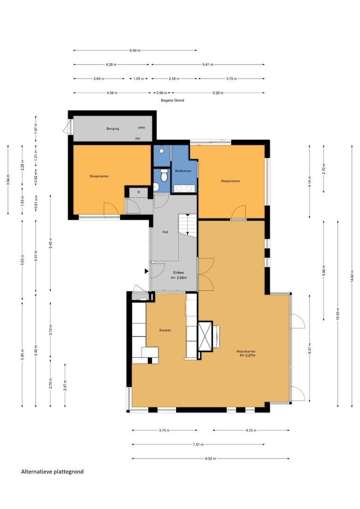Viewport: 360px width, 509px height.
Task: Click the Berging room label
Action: (x=113, y=129)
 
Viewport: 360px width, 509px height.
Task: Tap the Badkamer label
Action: (x=183, y=171)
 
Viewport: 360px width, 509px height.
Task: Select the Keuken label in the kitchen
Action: (x=165, y=330)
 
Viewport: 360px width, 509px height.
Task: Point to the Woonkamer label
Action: (x=246, y=351)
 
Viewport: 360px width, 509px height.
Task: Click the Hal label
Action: (x=165, y=232)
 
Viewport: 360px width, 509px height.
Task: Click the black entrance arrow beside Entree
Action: (x=147, y=271)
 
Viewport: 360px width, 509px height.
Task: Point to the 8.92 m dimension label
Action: (x=210, y=459)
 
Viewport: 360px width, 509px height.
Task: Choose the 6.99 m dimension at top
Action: (x=135, y=50)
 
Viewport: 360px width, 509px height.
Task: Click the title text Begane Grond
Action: (x=172, y=100)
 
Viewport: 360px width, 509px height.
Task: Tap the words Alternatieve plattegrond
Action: (x=52, y=472)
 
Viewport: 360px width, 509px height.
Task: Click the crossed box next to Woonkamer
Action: (x=205, y=336)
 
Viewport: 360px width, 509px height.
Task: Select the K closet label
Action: (x=139, y=192)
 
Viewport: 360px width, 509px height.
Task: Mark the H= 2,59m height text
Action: (x=179, y=278)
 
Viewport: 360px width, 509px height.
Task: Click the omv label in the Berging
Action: (x=141, y=128)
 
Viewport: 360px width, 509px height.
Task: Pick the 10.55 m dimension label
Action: (x=337, y=313)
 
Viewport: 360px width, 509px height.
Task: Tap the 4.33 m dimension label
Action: (x=251, y=430)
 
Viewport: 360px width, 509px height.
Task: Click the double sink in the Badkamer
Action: (x=184, y=188)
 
